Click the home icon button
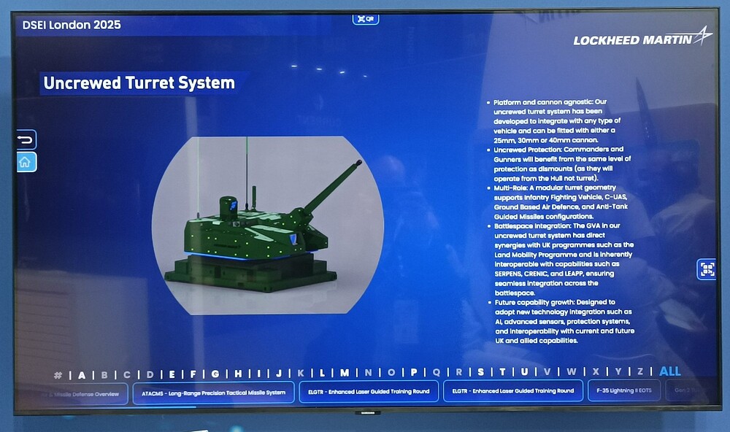(26, 162)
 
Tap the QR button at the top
(366, 18)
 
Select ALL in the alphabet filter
(669, 371)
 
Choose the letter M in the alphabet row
(345, 373)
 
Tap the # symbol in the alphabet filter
(58, 375)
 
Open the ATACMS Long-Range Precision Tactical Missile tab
(213, 392)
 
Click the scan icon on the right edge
(707, 269)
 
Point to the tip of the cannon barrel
(358, 163)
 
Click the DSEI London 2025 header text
(72, 25)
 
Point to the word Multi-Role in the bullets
(510, 188)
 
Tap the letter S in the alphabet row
(480, 372)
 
